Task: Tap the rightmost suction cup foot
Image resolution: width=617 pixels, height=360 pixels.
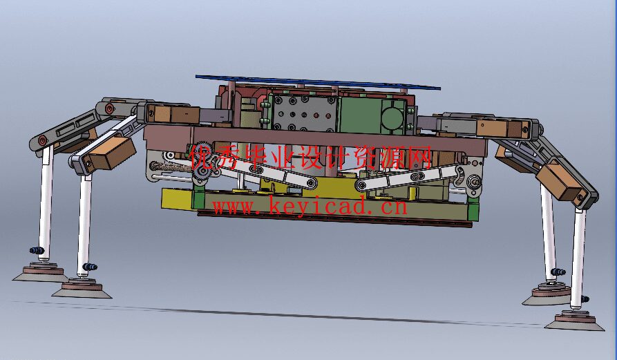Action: click(x=575, y=321)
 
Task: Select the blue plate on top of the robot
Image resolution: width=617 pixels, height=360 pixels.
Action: click(x=318, y=82)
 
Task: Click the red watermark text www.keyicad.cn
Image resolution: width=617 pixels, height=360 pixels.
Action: click(x=310, y=207)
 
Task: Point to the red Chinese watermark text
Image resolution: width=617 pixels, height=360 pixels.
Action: click(x=311, y=158)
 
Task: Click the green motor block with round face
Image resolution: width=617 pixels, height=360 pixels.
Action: click(x=374, y=115)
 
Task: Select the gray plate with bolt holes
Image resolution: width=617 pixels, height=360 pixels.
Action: click(x=304, y=113)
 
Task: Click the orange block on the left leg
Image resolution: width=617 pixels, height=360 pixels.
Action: click(x=111, y=153)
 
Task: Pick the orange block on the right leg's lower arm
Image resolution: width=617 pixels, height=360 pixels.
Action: click(x=560, y=181)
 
